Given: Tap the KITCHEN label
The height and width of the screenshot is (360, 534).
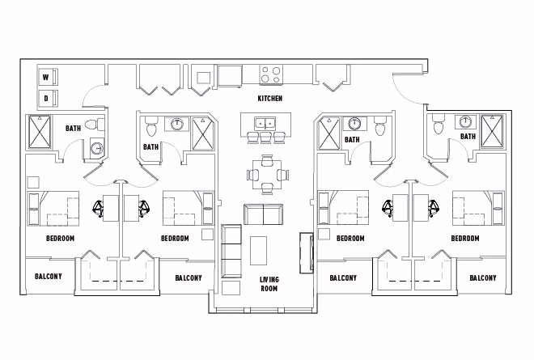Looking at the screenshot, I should [x=269, y=99].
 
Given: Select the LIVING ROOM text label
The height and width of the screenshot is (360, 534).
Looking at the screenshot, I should [x=269, y=284].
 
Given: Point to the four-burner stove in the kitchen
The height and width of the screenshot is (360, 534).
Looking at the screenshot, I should [x=271, y=75].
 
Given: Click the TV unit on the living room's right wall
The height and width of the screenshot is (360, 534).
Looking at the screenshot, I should [x=307, y=253].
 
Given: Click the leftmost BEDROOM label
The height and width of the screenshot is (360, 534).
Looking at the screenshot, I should [x=60, y=238].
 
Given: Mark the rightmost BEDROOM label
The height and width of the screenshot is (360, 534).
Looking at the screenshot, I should [x=465, y=238].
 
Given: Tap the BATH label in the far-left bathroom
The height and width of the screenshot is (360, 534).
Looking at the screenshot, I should [x=73, y=127].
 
